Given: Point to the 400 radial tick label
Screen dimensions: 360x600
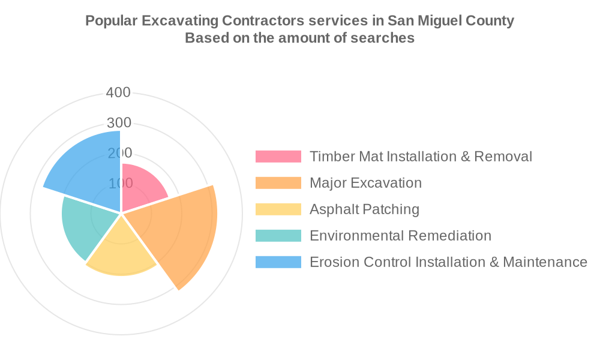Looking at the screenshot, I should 118,92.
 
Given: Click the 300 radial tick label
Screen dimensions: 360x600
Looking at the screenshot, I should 118,122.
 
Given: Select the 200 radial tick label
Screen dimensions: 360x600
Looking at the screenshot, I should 118,153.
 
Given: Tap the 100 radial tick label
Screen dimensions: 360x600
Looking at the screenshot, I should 118,183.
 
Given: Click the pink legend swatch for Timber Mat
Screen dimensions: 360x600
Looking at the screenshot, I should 278,157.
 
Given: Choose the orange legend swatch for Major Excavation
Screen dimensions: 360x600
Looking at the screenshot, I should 278,183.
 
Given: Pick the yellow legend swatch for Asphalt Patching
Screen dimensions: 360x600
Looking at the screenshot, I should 278,209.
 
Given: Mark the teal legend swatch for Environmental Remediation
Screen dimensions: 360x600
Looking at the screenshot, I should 278,236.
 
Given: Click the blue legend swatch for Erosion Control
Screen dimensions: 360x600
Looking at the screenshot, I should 278,262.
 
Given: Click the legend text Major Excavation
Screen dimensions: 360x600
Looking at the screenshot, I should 365,183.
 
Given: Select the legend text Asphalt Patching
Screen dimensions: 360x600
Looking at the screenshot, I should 364,209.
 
